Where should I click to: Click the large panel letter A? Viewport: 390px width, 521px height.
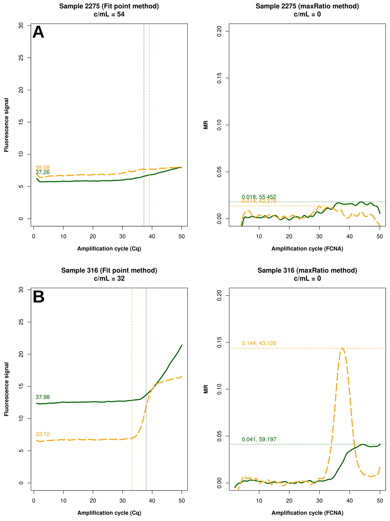[x=38, y=32]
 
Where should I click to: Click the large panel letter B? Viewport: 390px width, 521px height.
[x=39, y=297]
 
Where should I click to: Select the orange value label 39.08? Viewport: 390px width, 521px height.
[x=43, y=168]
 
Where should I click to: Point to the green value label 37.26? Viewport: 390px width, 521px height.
[x=43, y=172]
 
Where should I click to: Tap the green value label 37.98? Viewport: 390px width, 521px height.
[x=43, y=397]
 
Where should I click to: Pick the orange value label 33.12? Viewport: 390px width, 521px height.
[x=43, y=434]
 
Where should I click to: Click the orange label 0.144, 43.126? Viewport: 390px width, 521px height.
[x=259, y=343]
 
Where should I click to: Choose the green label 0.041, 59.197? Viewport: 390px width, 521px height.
[x=259, y=439]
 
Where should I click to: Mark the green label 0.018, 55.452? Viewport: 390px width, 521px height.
[x=259, y=197]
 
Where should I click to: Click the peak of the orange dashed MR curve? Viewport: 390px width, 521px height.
[x=342, y=348]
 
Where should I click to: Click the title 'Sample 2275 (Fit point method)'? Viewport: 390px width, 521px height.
[x=109, y=6]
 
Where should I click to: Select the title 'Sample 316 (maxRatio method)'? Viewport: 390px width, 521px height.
[x=307, y=270]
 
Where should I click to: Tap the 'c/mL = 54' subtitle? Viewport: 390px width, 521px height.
[x=109, y=14]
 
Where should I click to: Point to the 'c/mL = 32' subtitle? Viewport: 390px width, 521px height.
[x=109, y=278]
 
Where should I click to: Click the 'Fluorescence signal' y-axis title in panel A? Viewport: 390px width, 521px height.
[x=7, y=125]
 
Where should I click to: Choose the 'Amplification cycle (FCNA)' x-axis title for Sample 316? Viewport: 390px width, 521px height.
[x=307, y=513]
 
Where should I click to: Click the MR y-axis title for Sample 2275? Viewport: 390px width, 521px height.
[x=206, y=125]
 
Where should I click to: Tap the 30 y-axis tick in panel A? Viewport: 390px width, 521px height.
[x=21, y=25]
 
